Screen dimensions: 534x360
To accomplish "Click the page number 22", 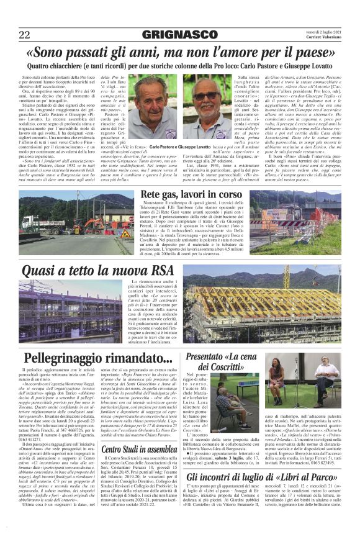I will [x=24, y=34].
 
